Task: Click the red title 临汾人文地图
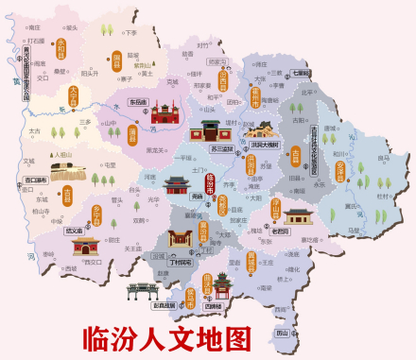pyautogui.click(x=167, y=337)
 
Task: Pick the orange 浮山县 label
pyautogui.click(x=278, y=209)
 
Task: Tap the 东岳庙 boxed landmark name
pyautogui.click(x=138, y=102)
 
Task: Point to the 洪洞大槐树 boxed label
pyautogui.click(x=264, y=146)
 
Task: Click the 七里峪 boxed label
pyautogui.click(x=301, y=73)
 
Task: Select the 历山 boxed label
pyautogui.click(x=282, y=333)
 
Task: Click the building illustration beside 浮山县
pyautogui.click(x=299, y=216)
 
